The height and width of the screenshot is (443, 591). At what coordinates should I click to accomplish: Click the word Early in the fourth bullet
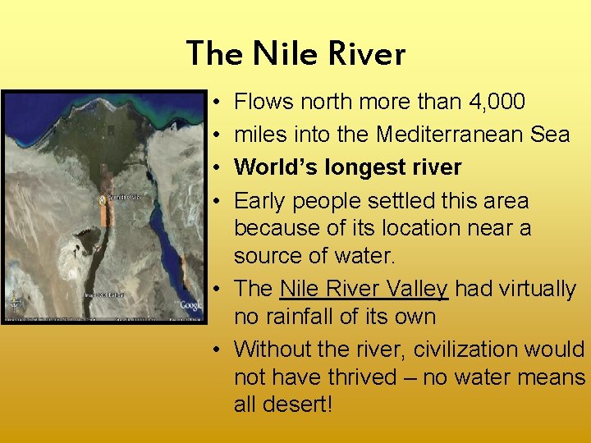pos(261,201)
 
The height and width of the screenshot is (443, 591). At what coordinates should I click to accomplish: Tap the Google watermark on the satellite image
pos(190,305)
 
